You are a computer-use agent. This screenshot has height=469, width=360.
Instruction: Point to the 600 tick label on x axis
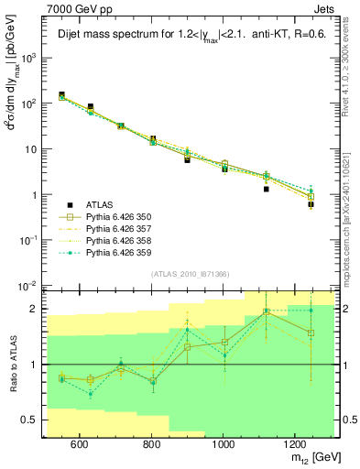point(80,443)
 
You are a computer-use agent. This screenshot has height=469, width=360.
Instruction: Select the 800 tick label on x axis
point(151,443)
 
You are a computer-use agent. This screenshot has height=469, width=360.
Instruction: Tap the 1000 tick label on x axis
point(223,443)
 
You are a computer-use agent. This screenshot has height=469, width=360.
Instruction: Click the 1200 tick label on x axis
point(294,443)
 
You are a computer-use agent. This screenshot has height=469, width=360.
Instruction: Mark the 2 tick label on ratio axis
point(37,309)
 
